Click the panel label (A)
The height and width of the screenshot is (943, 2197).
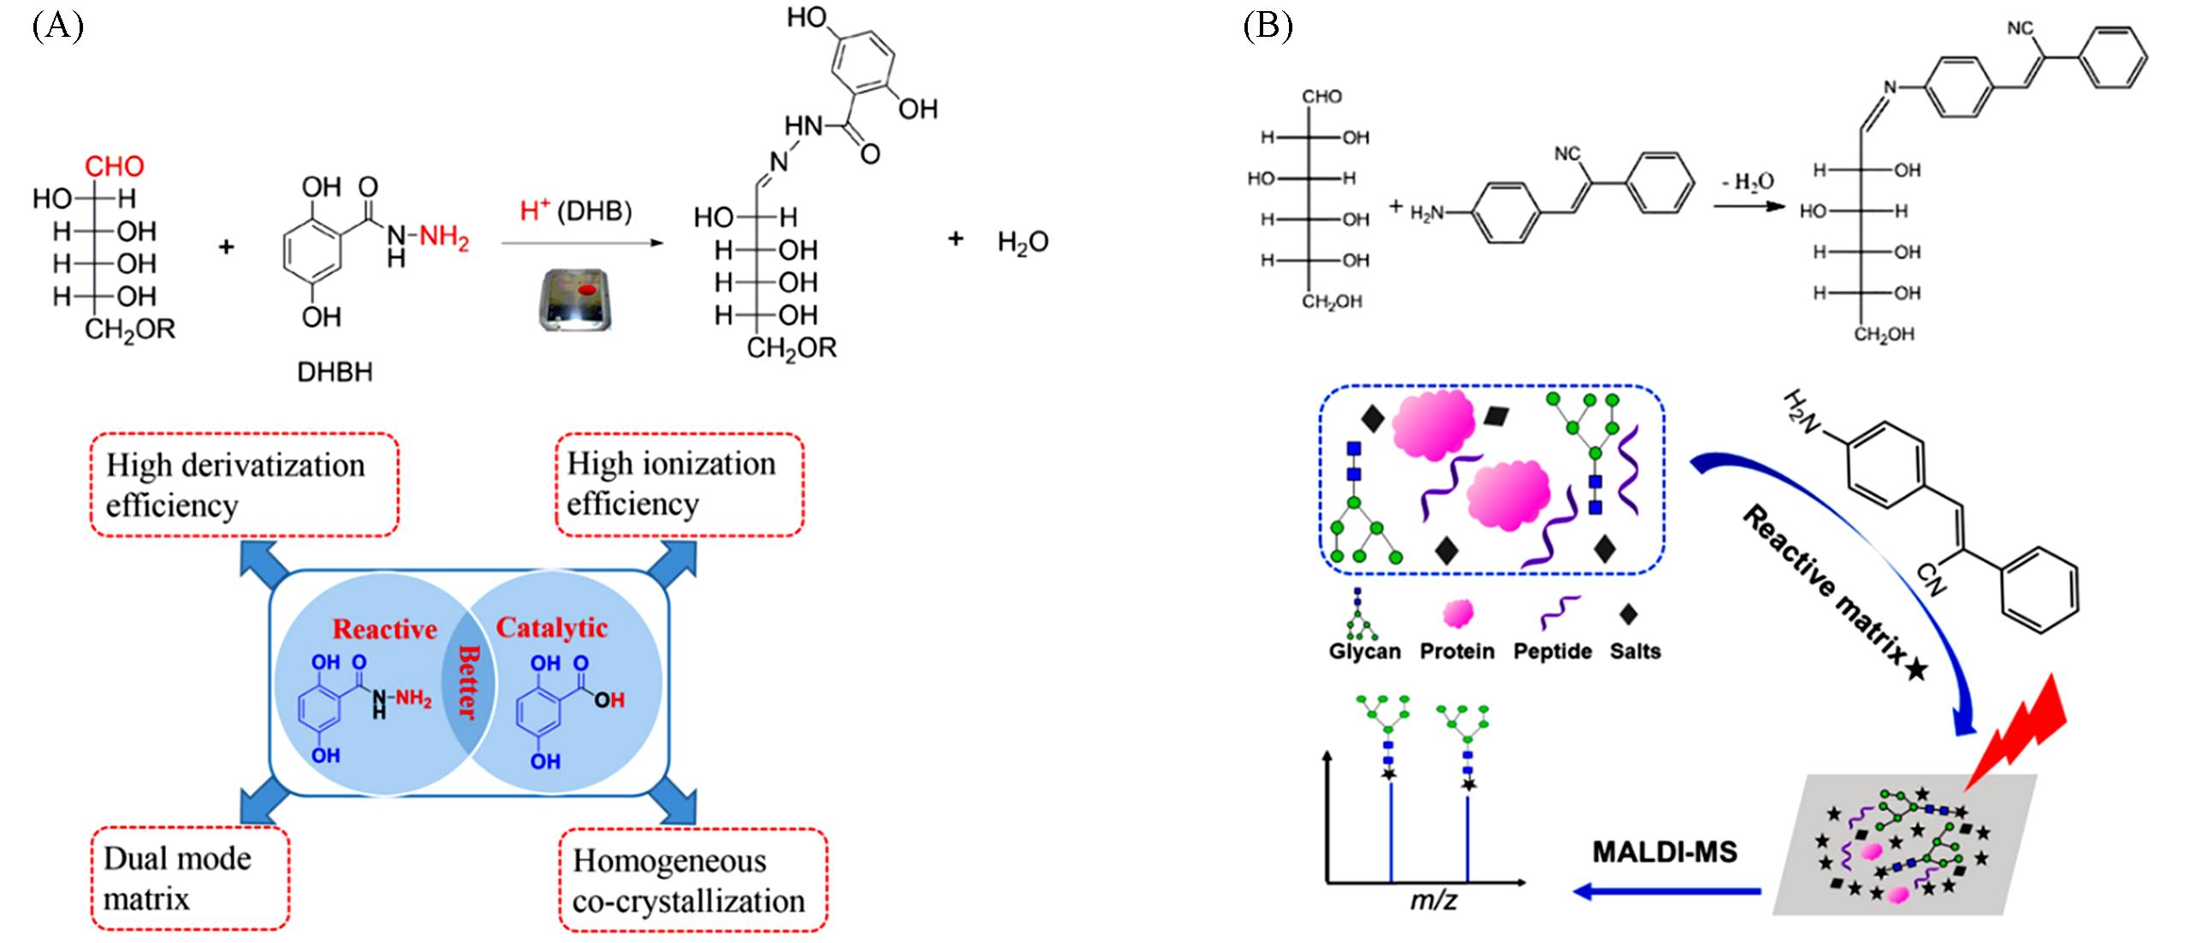pos(57,27)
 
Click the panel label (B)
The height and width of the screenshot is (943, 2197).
pos(1268,27)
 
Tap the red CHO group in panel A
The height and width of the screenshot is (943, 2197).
pos(114,166)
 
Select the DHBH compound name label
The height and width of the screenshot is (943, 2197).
pos(335,372)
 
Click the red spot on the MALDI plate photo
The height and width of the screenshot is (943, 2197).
pos(585,291)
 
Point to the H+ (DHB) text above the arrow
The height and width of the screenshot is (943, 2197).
pos(576,211)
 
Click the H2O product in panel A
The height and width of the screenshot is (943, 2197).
pos(1023,243)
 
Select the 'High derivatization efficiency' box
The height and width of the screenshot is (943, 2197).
pos(244,485)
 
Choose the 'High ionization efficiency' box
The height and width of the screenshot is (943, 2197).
pos(680,484)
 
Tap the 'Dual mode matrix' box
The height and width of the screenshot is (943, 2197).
pos(189,878)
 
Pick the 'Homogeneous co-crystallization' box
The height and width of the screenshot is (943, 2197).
pos(692,880)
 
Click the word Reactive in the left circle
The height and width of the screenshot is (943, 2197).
pos(384,630)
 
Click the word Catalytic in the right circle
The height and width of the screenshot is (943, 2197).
pos(552,628)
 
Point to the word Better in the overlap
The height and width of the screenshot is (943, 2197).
pos(467,693)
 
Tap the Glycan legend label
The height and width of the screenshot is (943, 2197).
pos(1364,651)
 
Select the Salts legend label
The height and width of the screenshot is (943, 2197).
pos(1635,651)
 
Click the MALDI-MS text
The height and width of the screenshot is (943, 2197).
pos(1665,852)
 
